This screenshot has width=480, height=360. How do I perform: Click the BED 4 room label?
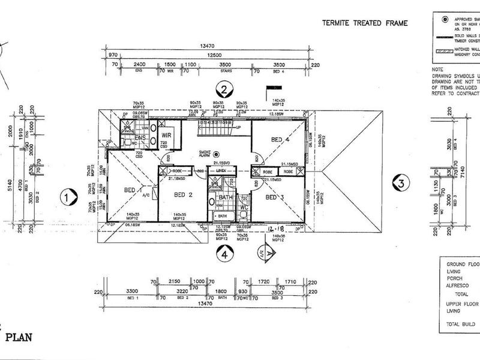pyautogui.click(x=281, y=139)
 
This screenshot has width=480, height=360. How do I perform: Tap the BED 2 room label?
pyautogui.click(x=183, y=195)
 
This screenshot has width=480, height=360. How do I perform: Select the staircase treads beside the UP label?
pyautogui.click(x=214, y=128)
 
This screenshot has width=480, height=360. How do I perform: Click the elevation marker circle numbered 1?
pyautogui.click(x=70, y=196)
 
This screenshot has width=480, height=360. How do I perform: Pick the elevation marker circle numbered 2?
pyautogui.click(x=224, y=91)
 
